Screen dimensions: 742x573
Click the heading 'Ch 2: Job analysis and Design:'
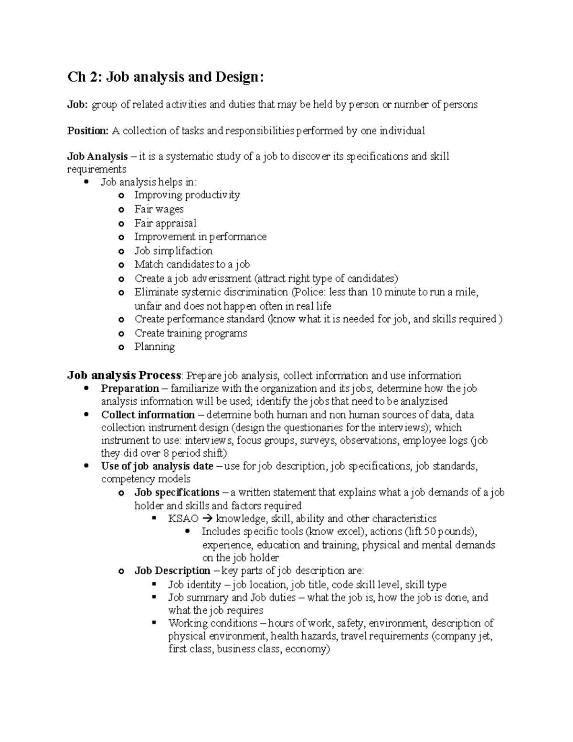click(x=165, y=77)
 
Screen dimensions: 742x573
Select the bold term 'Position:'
click(x=88, y=131)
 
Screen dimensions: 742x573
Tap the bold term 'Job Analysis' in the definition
click(x=97, y=157)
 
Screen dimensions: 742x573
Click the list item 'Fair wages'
click(x=159, y=209)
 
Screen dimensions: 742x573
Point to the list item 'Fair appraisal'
click(x=165, y=223)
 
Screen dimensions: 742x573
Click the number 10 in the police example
click(x=376, y=292)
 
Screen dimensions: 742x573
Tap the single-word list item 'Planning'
click(x=154, y=347)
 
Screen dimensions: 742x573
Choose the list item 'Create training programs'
click(x=191, y=333)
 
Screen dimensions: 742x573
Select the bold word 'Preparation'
click(x=130, y=388)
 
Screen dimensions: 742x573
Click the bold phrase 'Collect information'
click(x=148, y=415)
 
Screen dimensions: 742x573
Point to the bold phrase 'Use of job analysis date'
click(x=157, y=466)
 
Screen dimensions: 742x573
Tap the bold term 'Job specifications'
click(x=177, y=492)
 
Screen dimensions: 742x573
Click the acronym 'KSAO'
click(x=183, y=519)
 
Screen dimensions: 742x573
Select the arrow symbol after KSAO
click(x=206, y=519)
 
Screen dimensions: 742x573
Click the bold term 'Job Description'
click(x=172, y=571)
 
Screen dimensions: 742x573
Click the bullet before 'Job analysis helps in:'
click(x=86, y=182)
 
